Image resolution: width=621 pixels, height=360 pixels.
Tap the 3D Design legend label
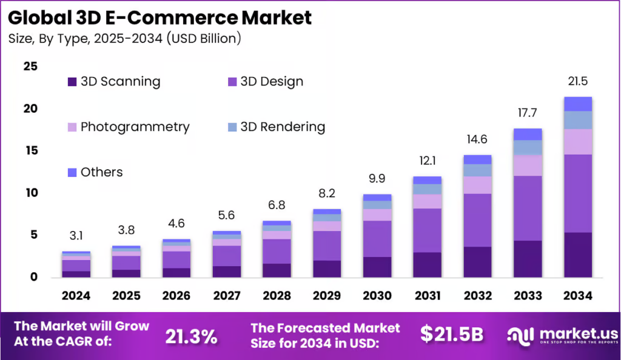click(x=272, y=81)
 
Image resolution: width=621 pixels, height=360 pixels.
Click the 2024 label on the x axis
click(x=76, y=296)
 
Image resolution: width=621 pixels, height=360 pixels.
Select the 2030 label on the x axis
click(x=377, y=296)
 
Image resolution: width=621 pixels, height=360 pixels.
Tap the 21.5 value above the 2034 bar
click(x=577, y=82)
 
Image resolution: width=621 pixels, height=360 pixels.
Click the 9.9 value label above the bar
click(x=377, y=179)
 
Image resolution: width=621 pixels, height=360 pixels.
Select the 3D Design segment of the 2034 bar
click(x=577, y=193)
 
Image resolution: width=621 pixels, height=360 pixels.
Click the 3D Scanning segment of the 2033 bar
click(x=527, y=259)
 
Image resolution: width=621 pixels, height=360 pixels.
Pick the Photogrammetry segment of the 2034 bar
click(x=577, y=142)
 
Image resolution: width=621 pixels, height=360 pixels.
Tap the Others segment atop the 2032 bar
click(x=477, y=159)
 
